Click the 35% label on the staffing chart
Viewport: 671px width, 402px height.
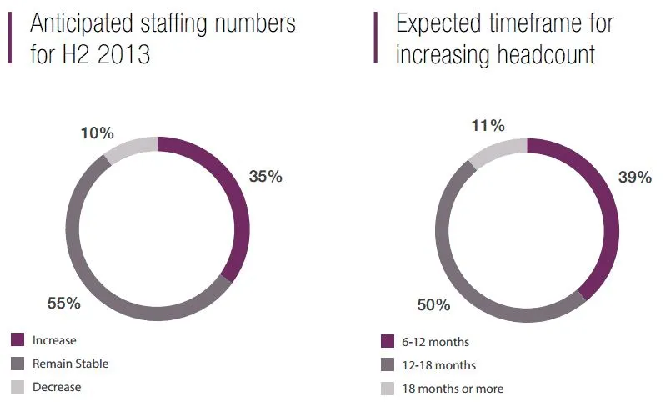click(x=266, y=176)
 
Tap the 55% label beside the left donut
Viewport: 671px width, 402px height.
click(x=63, y=304)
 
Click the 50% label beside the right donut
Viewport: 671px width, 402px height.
click(x=433, y=305)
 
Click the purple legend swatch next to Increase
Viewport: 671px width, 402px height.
click(x=18, y=339)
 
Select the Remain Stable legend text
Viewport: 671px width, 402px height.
click(x=71, y=364)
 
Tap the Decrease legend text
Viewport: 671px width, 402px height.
click(x=57, y=387)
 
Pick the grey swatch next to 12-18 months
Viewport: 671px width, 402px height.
click(x=387, y=365)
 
